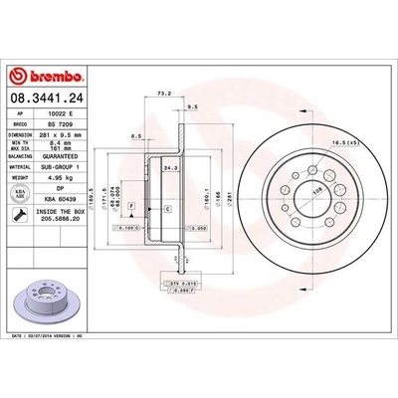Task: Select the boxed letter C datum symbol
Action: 167,207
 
